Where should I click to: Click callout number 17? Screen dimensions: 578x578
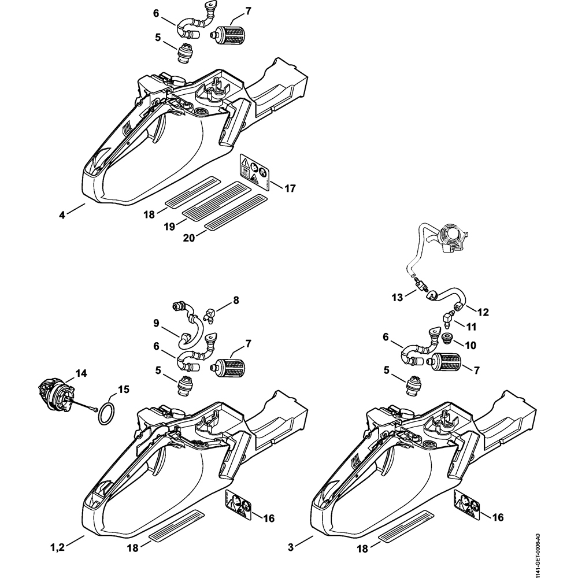tap(290, 188)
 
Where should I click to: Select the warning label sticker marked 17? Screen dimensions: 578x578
tap(255, 172)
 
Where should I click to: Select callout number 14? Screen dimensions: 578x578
tap(81, 374)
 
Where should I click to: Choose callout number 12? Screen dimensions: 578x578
tap(483, 312)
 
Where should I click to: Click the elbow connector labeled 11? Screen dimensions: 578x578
tap(447, 317)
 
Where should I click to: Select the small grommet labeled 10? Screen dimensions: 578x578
tap(447, 338)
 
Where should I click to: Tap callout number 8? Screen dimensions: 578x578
tap(235, 300)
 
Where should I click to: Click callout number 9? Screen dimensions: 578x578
tap(157, 324)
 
